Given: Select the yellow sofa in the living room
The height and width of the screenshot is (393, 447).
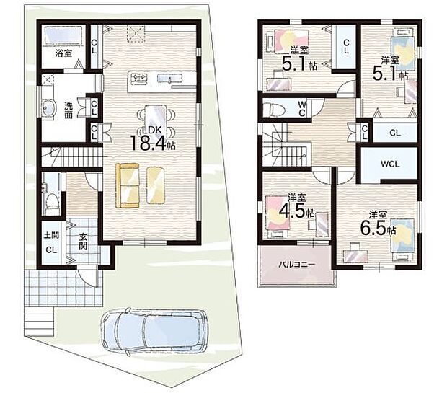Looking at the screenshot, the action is click(128, 185).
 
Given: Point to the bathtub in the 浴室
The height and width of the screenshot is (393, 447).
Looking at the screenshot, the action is click(64, 35).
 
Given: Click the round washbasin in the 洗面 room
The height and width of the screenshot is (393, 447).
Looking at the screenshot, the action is click(48, 107).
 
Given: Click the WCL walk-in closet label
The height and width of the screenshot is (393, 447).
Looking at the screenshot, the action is click(390, 164).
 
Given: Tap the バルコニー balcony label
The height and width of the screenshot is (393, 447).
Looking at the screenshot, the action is click(297, 265).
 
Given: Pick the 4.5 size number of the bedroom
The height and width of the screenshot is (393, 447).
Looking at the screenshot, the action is click(292, 211).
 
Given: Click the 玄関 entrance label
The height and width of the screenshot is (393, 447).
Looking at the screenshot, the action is click(83, 242).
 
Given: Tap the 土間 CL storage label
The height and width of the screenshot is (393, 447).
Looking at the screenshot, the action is click(52, 243).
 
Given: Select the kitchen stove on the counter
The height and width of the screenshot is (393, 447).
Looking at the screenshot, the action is click(138, 78).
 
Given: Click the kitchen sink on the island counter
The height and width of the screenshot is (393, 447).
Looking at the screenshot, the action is click(170, 78).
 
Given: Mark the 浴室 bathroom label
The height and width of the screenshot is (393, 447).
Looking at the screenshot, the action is click(63, 53).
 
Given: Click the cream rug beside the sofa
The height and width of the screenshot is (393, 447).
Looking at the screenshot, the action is click(156, 185).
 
